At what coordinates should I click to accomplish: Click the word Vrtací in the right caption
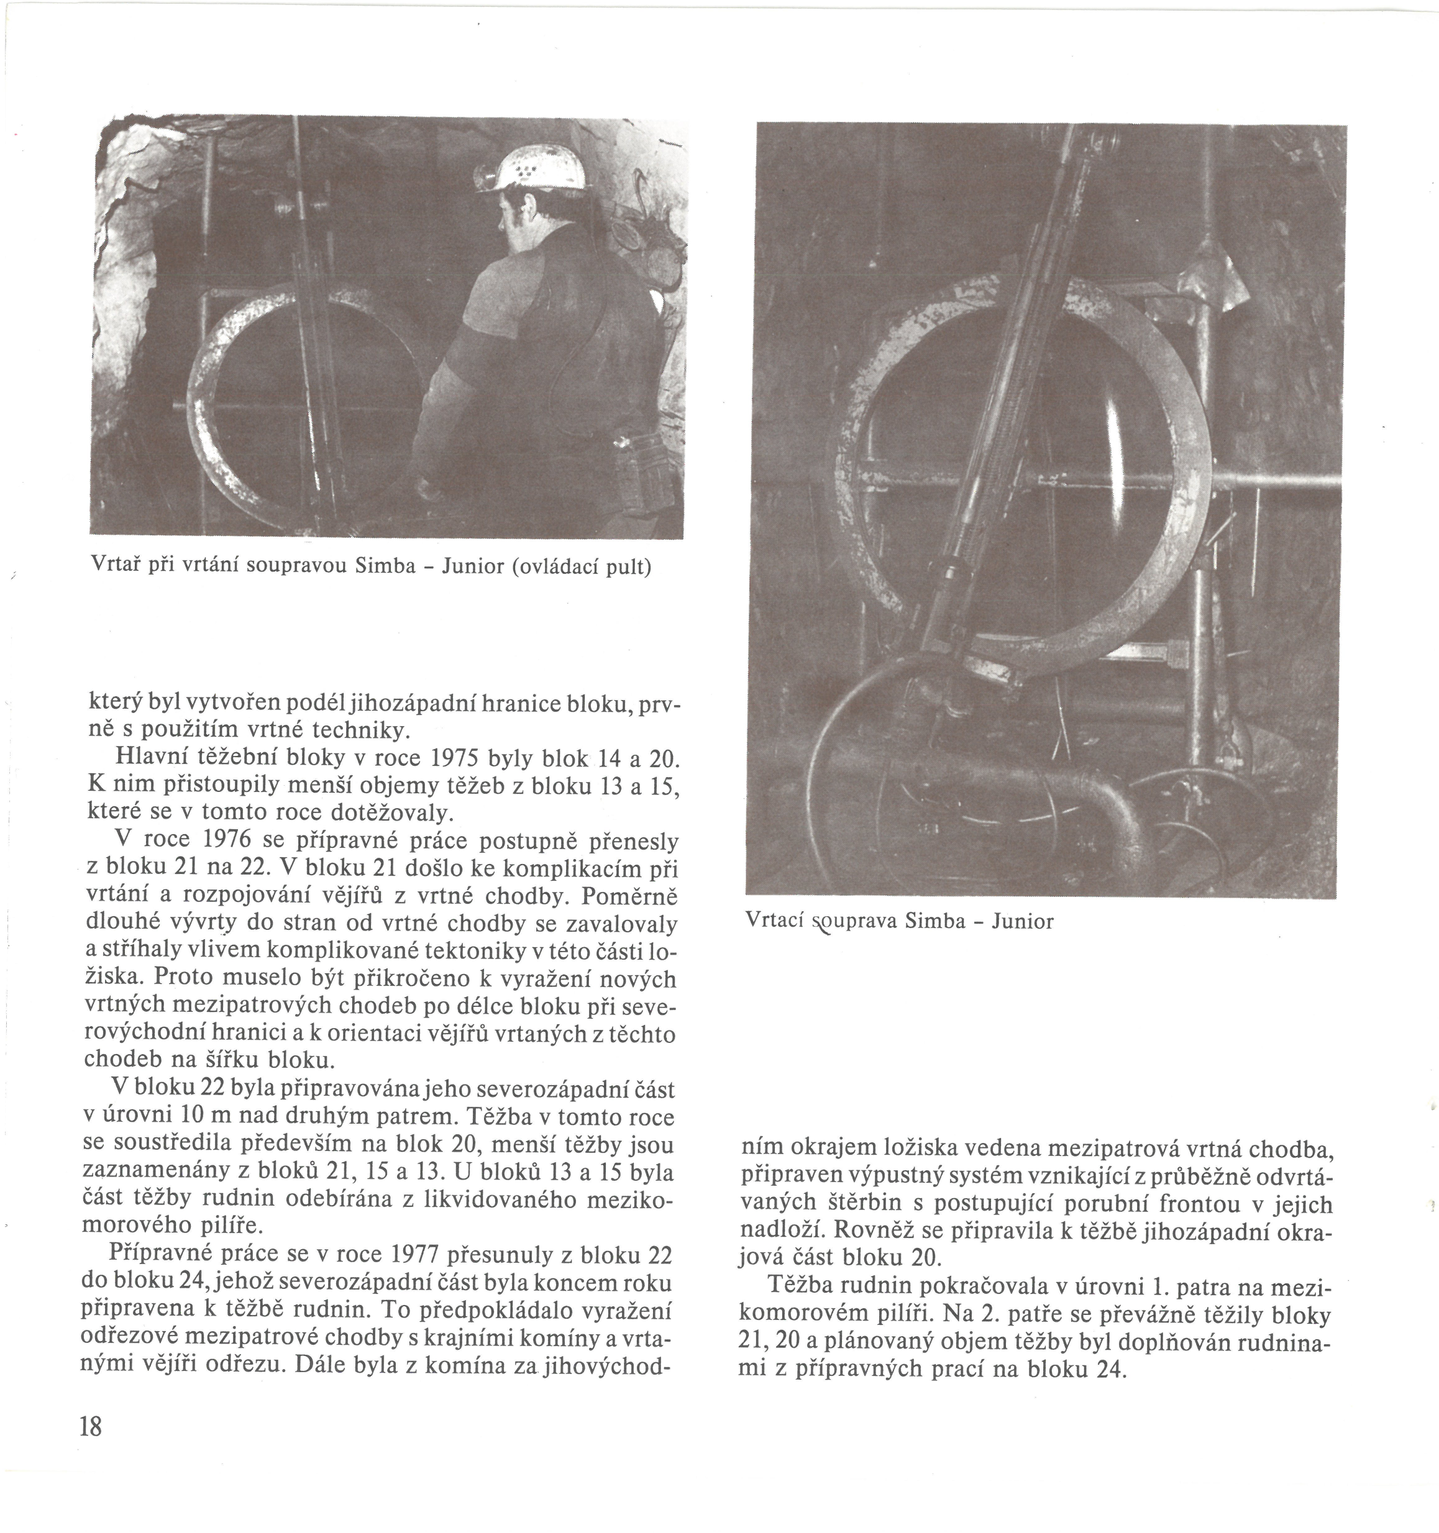pyautogui.click(x=773, y=922)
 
